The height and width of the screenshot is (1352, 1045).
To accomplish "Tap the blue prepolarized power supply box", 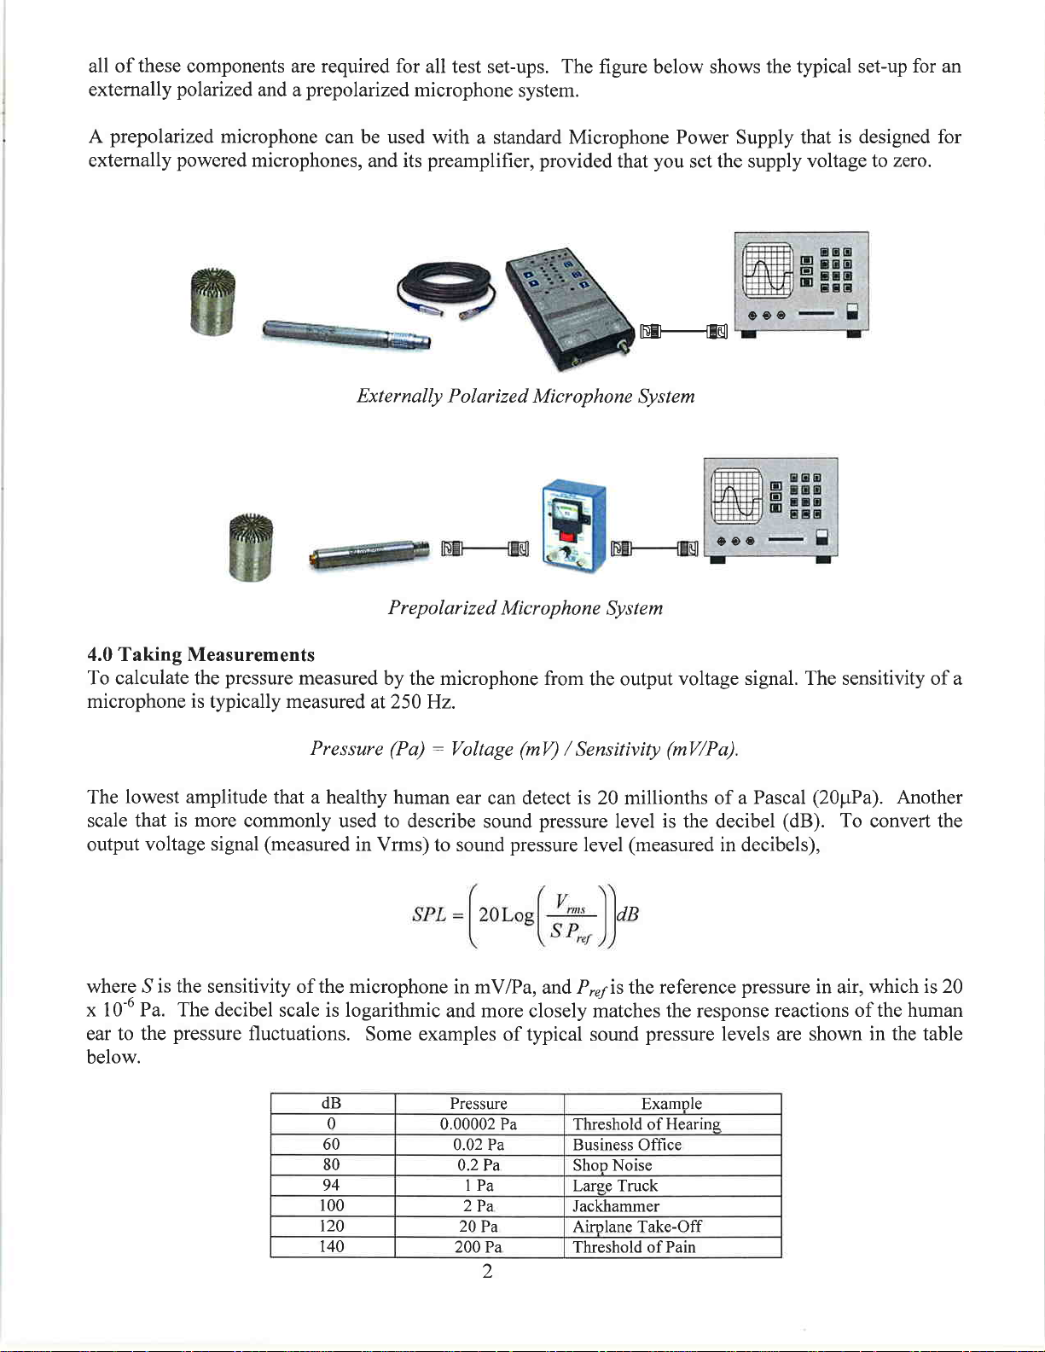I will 573,527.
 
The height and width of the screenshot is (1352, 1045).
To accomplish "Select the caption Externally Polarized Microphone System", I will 525,397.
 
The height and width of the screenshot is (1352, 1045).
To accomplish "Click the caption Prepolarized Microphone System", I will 525,608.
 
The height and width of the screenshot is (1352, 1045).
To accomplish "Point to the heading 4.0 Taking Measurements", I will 201,655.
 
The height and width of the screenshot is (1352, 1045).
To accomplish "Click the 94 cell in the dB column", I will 332,1186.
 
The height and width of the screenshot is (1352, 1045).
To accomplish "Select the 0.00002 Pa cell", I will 479,1124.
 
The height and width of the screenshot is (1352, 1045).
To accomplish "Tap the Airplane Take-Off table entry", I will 637,1227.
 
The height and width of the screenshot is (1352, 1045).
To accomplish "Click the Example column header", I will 671,1104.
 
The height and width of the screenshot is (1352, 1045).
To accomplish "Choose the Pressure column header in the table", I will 479,1104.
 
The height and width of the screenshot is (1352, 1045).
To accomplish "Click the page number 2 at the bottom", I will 487,1272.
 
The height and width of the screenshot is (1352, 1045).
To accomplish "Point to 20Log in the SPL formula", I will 506,915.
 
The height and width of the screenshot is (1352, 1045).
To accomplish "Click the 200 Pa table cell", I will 479,1247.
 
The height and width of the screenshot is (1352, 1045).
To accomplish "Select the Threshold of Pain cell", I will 634,1247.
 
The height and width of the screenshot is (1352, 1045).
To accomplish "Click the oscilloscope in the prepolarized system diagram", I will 770,508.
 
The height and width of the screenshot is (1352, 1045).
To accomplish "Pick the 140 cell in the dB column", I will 332,1247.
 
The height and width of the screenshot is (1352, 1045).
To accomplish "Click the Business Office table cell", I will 627,1145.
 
